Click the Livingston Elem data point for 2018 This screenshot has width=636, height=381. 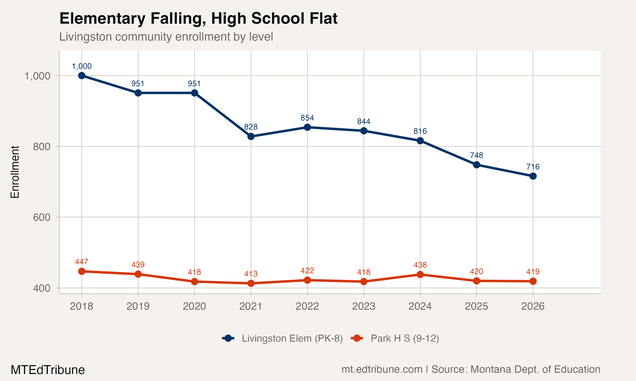[82, 76]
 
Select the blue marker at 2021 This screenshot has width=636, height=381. [251, 136]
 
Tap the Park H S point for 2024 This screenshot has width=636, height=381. [420, 275]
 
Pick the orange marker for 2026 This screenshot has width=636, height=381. [533, 281]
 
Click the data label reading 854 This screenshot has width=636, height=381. [307, 118]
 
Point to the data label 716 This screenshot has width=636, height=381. [533, 167]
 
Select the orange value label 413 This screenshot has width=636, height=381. [251, 274]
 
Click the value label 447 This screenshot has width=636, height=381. [82, 262]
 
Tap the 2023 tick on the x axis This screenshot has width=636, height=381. [364, 306]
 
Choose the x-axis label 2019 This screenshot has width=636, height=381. [138, 306]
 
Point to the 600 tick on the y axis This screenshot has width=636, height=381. [42, 217]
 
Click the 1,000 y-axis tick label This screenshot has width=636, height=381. [38, 76]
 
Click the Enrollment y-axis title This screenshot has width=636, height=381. [15, 172]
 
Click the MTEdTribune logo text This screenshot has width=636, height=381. [47, 370]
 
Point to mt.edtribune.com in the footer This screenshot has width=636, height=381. [382, 369]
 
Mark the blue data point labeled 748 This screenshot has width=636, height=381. [477, 164]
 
